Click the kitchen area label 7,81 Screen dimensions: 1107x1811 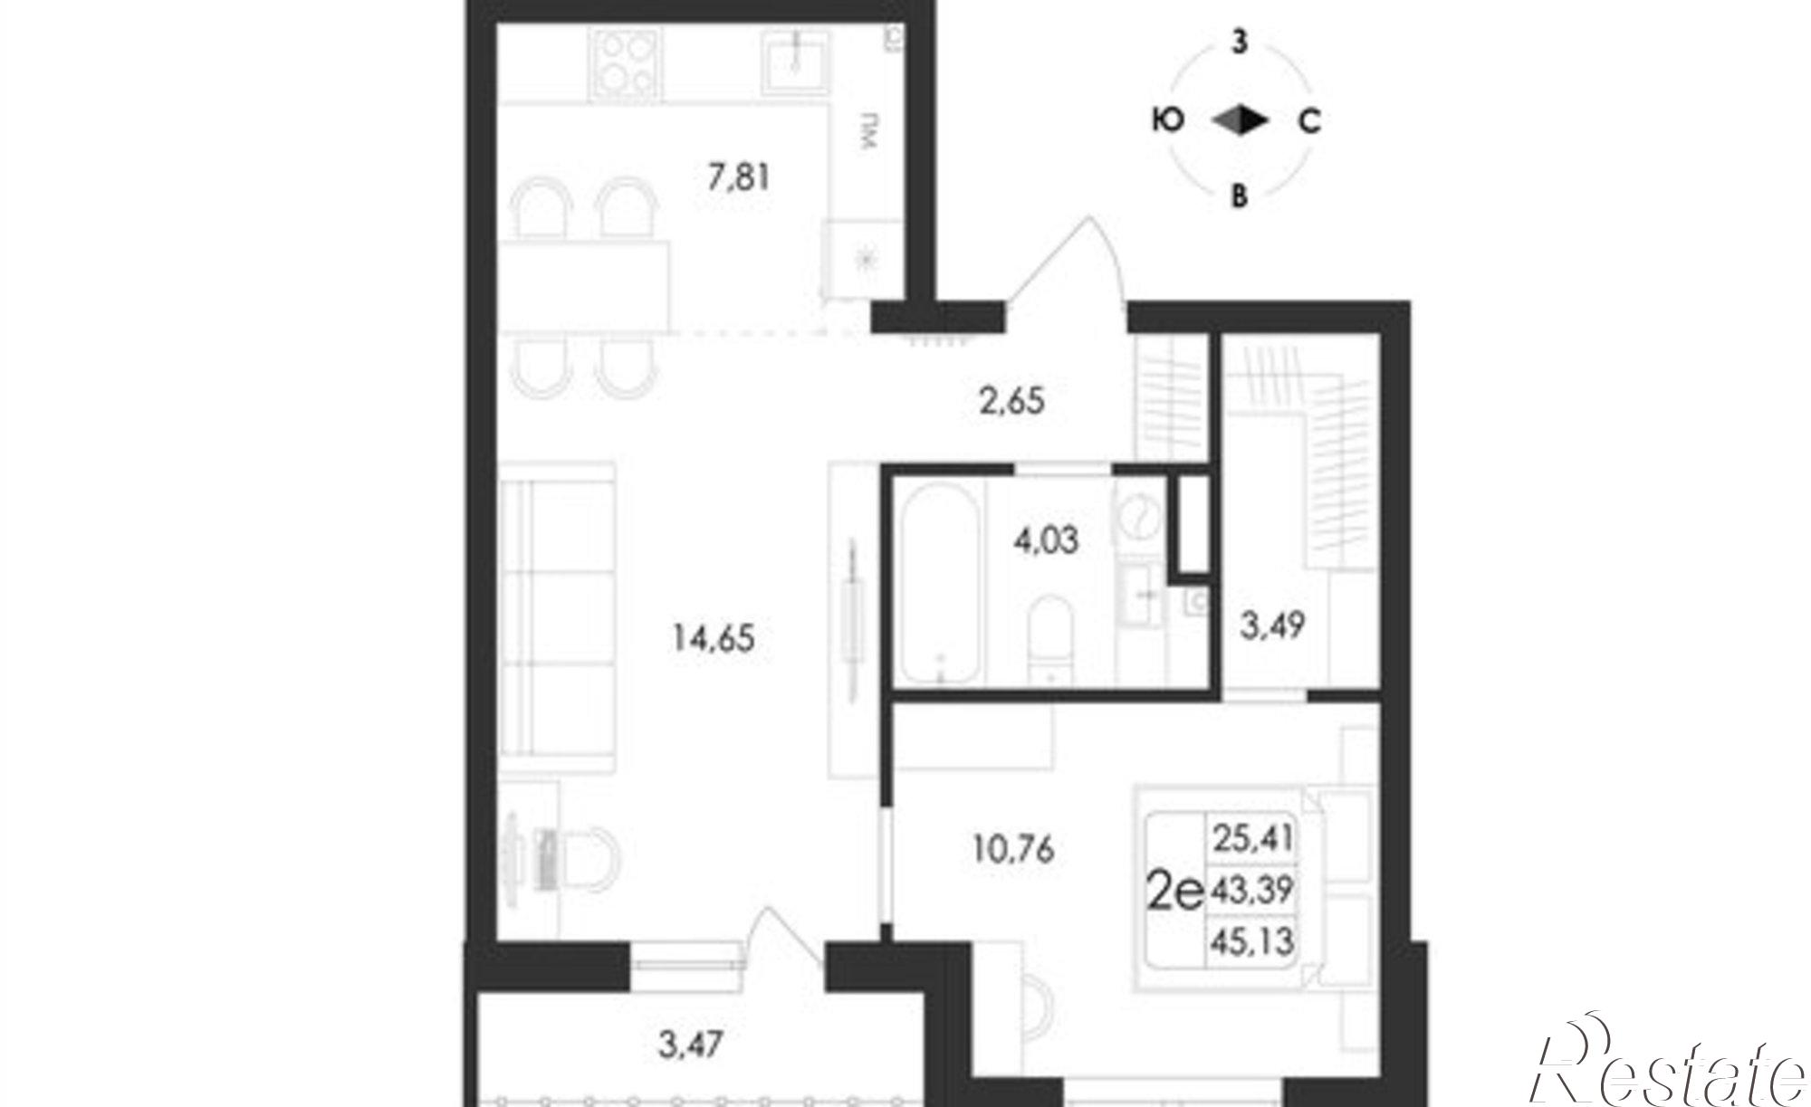(x=739, y=177)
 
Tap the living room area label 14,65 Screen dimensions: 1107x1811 (x=714, y=639)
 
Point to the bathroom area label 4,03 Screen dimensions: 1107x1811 (x=1046, y=540)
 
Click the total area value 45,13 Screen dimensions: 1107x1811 (x=1250, y=942)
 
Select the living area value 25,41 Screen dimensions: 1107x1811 (x=1250, y=837)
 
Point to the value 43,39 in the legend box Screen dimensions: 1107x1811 (x=1250, y=891)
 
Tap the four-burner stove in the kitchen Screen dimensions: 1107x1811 (x=626, y=62)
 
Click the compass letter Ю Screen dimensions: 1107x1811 (x=1168, y=119)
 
